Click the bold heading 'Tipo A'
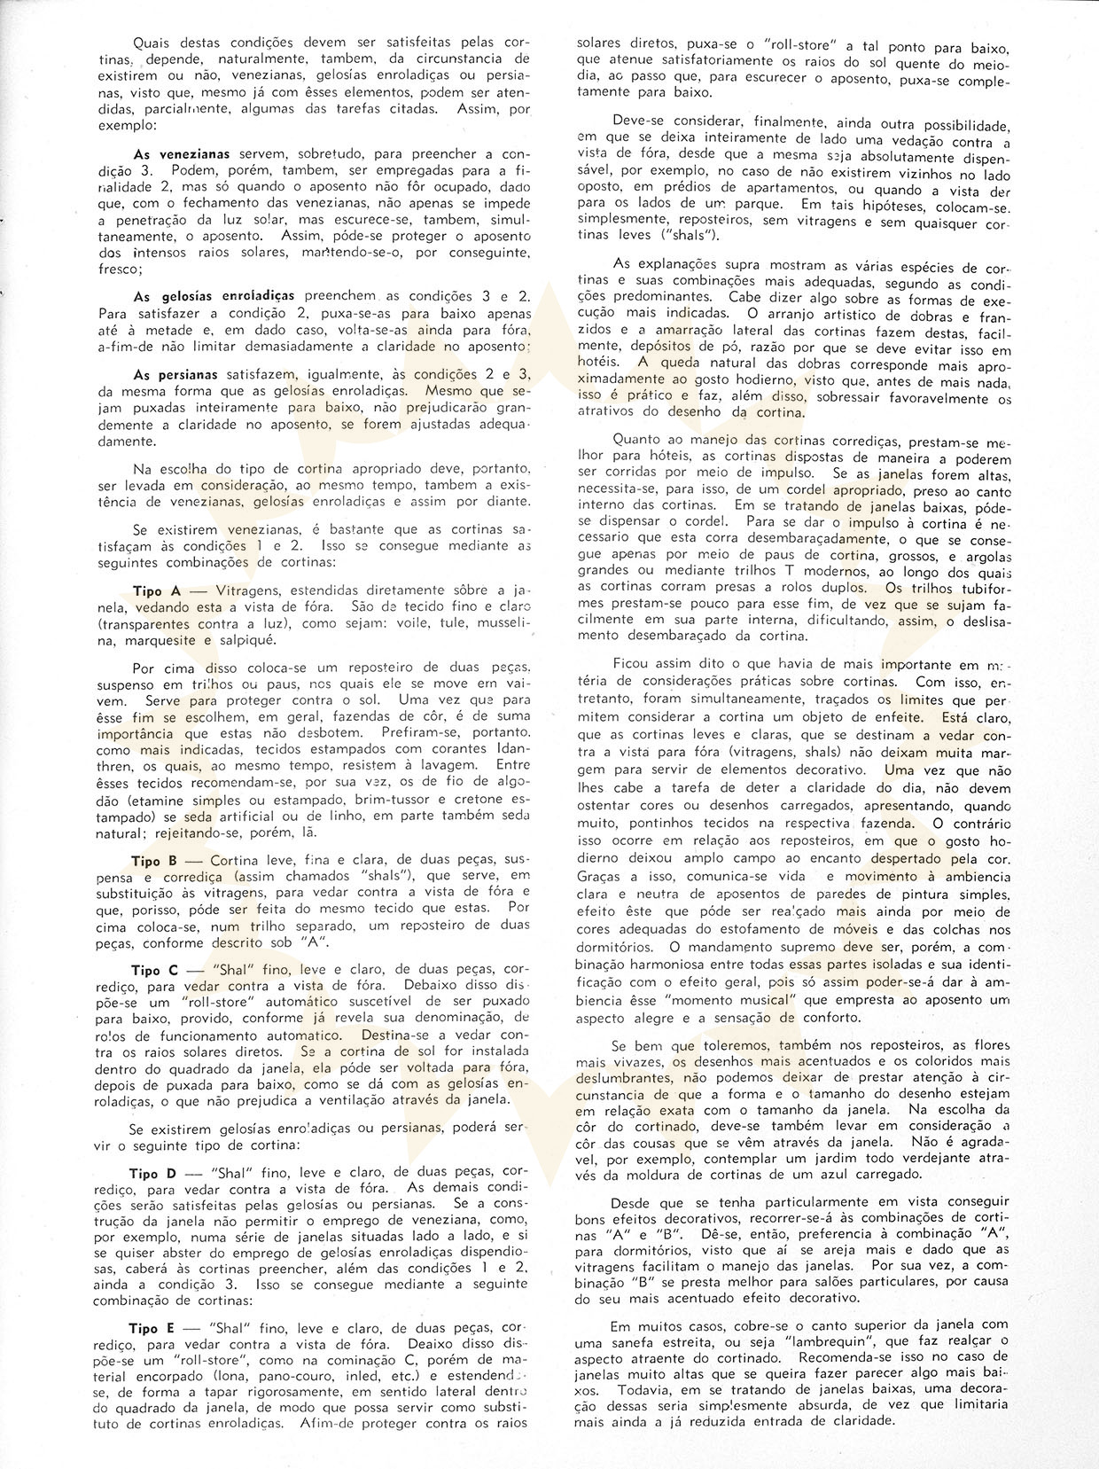click(x=158, y=590)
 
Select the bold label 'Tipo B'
click(x=158, y=861)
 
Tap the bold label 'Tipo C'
click(x=158, y=970)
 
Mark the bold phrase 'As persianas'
click(x=175, y=375)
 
